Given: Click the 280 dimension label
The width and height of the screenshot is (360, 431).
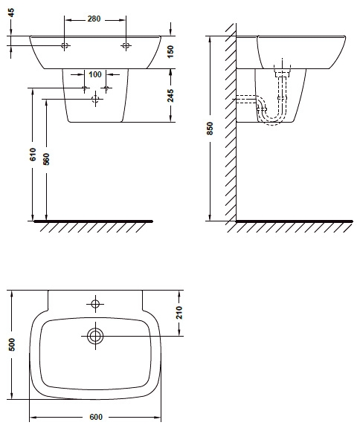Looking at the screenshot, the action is pos(94,19).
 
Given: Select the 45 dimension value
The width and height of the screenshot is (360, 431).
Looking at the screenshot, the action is pos(11,13).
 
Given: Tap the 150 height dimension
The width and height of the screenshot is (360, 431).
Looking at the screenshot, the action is pos(170,52).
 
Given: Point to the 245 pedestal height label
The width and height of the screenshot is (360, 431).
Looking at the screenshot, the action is pos(170,95).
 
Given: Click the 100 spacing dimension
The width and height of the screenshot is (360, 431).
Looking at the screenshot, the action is pos(95,74).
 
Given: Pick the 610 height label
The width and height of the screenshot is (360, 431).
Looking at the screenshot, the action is pos(33,155).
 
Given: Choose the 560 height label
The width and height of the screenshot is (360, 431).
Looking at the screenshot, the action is pos(47,159).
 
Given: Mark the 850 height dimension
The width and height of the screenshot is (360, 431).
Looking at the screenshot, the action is pos(210,129).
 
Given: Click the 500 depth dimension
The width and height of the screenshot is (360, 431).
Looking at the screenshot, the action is pos(12,344).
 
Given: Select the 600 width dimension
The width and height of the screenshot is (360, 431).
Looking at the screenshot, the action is pos(96,417).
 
